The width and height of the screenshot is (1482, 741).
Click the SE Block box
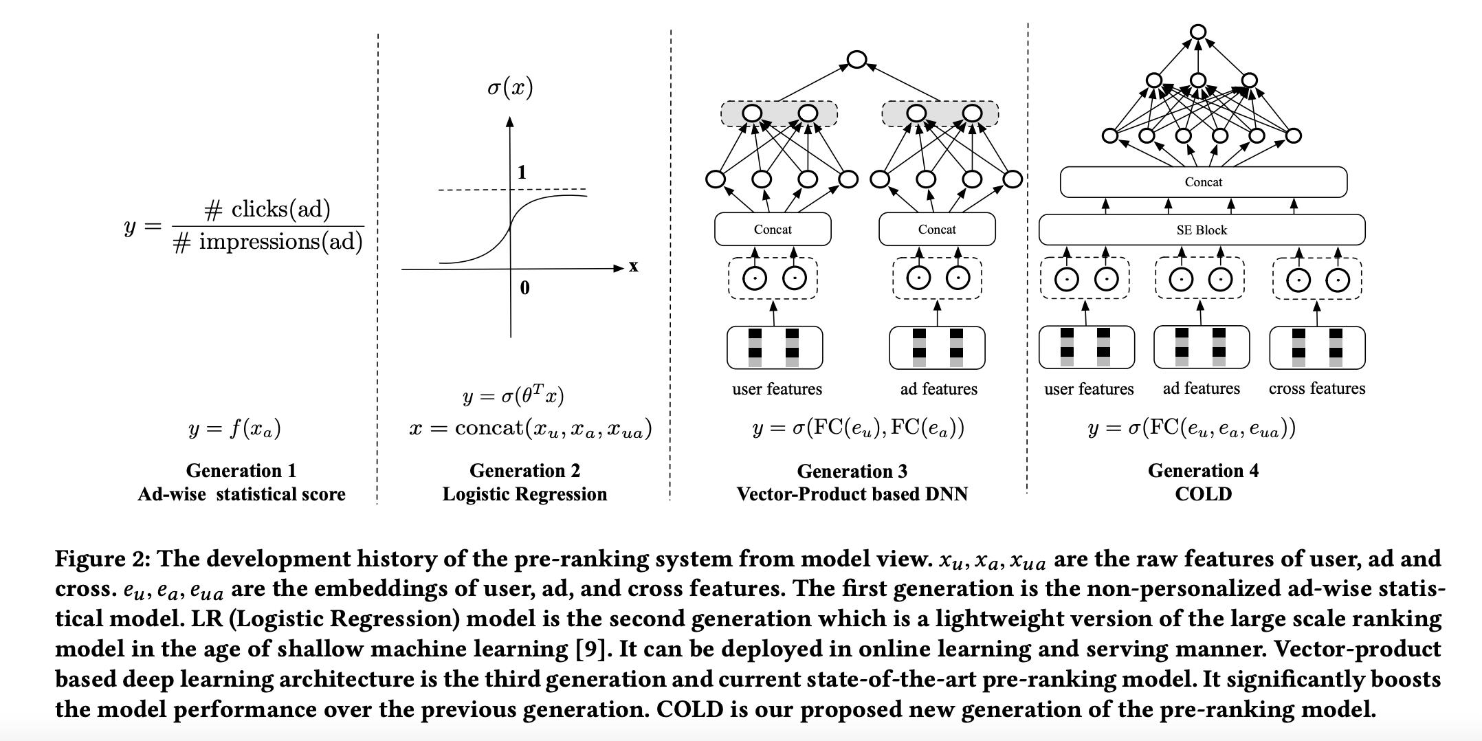click(x=1202, y=230)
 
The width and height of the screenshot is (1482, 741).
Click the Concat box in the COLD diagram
click(x=1203, y=182)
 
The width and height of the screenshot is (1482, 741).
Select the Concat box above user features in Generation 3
click(x=773, y=230)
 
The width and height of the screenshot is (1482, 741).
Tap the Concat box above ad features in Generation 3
click(x=937, y=230)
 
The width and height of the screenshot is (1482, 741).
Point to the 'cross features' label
click(x=1316, y=388)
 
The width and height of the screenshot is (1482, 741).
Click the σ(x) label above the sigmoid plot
click(x=509, y=87)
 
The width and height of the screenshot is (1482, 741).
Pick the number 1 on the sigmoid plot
click(x=522, y=173)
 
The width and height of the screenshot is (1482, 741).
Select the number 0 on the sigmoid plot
click(x=524, y=288)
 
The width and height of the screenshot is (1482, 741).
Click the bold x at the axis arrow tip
click(x=633, y=267)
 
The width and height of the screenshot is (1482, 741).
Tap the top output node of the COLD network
click(x=1198, y=32)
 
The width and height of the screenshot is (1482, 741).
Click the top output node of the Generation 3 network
click(x=856, y=60)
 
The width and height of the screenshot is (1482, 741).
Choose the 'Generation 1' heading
click(x=241, y=470)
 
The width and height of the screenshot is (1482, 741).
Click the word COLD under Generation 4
click(x=1203, y=494)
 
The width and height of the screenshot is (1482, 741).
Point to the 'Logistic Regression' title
click(x=524, y=494)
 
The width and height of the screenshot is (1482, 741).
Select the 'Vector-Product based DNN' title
click(x=852, y=494)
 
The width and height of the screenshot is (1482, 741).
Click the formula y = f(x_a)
click(x=234, y=429)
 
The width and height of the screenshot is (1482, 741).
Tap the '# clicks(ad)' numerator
click(x=267, y=210)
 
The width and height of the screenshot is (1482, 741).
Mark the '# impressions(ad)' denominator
click(x=268, y=242)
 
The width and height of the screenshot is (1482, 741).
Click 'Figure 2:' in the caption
click(x=103, y=559)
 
